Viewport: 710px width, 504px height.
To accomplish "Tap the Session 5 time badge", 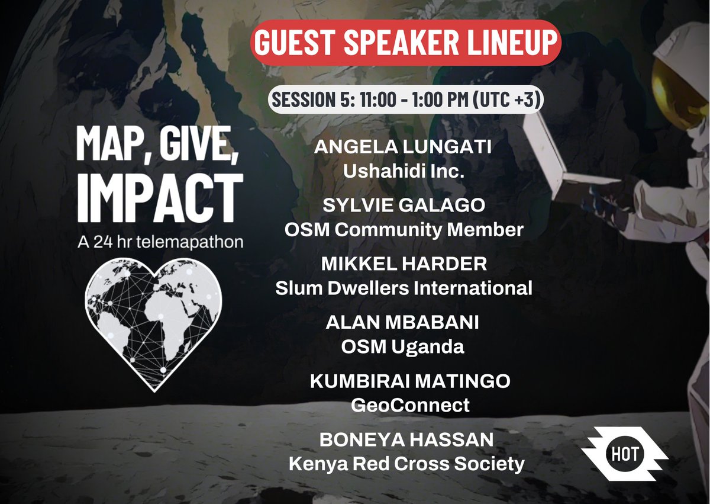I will tap(406, 99).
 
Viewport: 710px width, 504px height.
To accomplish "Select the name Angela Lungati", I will tap(403, 147).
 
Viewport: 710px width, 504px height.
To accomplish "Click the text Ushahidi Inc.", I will tap(403, 172).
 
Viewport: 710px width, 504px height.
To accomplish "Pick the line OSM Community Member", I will tap(404, 229).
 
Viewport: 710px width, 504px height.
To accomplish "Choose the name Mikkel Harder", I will tap(404, 264).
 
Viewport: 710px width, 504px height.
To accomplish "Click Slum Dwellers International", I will tap(404, 288).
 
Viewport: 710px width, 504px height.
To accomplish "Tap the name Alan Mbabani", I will tap(402, 323).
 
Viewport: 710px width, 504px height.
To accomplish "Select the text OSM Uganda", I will tap(402, 347).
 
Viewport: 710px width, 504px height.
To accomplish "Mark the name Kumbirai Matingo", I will tap(409, 381).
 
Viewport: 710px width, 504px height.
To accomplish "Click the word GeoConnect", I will tap(409, 406).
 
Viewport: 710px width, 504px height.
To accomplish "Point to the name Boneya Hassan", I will tap(406, 440).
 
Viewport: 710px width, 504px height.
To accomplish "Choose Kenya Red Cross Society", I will tap(406, 464).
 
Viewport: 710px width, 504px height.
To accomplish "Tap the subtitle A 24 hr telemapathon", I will tap(159, 243).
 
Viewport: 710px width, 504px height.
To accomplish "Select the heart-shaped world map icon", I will tap(153, 321).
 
